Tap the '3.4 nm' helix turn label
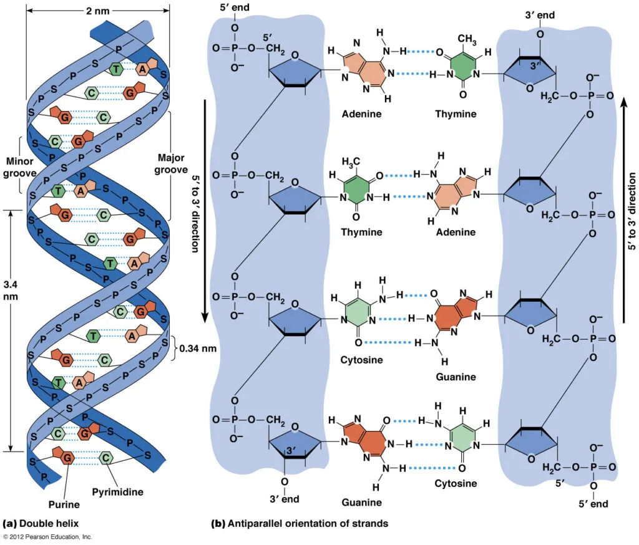point(11,290)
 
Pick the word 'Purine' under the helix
point(64,504)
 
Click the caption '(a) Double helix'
point(41,523)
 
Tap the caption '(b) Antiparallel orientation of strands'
point(300,524)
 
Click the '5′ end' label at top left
point(235,9)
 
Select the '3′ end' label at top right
point(539,14)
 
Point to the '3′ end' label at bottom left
point(284,498)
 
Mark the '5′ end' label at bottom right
point(591,503)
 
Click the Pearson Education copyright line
point(47,537)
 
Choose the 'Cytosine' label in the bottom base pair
point(456,483)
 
